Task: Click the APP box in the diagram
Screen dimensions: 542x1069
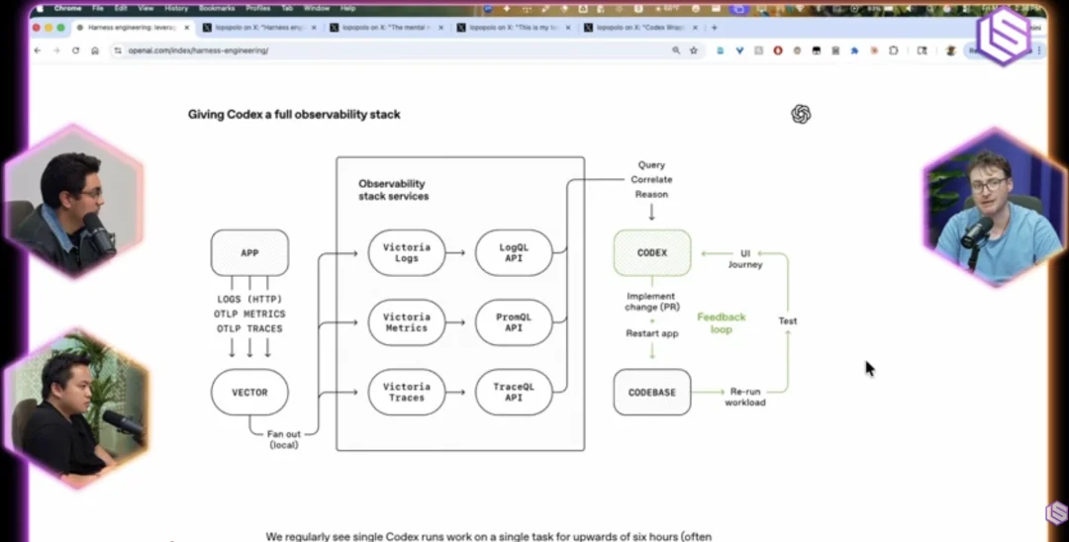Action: [249, 253]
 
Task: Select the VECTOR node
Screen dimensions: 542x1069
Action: [249, 393]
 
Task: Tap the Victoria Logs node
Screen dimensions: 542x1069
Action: [407, 253]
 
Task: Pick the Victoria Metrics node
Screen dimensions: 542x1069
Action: [407, 322]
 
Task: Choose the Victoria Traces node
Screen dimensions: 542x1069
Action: [407, 392]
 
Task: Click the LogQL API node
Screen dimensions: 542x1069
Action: [513, 253]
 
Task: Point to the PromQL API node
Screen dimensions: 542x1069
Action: [513, 322]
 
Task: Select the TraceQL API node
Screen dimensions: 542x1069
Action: [513, 392]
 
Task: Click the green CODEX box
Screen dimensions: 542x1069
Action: [651, 253]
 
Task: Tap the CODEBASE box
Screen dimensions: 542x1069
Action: [651, 393]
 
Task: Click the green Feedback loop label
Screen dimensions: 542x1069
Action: [721, 323]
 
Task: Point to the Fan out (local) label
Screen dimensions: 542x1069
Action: [284, 439]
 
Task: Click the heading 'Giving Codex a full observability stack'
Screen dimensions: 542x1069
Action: [294, 115]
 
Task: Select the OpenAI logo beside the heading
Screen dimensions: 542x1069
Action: [801, 115]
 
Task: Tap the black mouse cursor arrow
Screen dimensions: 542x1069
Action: [869, 368]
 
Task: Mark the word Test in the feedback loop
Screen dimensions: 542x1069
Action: [787, 321]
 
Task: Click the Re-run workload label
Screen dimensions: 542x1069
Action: [744, 397]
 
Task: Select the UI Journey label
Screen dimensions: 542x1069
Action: [744, 258]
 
